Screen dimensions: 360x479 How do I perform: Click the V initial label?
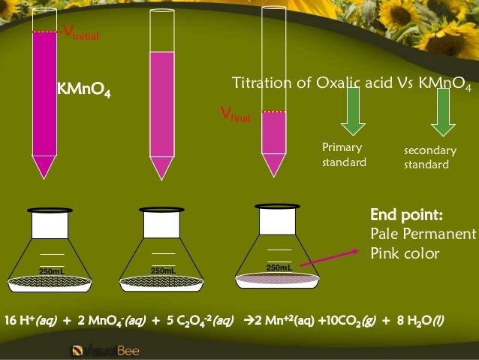tap(80, 33)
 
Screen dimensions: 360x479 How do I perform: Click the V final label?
tap(234, 114)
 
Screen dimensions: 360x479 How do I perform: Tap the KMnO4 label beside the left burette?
tap(84, 93)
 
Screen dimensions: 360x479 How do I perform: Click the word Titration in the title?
tap(261, 83)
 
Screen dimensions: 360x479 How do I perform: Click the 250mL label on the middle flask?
tap(162, 271)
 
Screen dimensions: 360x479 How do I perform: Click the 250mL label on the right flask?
tap(278, 267)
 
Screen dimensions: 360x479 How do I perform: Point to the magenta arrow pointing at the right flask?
tap(330, 251)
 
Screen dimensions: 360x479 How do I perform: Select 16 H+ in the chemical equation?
tap(19, 321)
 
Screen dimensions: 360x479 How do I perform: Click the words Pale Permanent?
tap(423, 234)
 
